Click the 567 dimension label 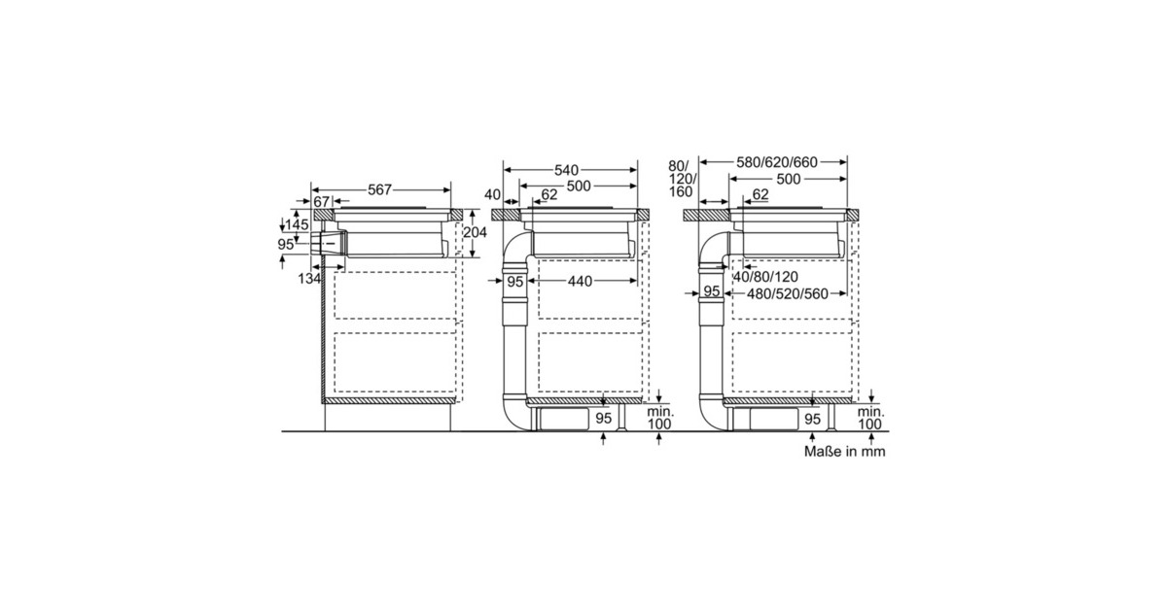point(379,190)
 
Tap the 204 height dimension point(475,232)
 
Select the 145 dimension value point(297,225)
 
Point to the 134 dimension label point(309,279)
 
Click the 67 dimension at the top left point(322,201)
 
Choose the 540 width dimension point(566,170)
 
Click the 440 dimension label point(580,282)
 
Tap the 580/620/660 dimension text point(777,162)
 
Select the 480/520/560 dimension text point(787,294)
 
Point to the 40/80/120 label point(765,277)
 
